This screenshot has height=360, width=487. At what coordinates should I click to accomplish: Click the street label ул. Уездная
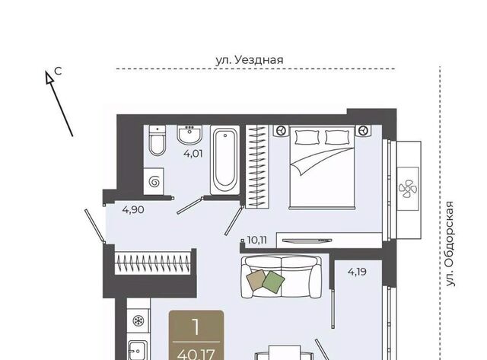click(250, 59)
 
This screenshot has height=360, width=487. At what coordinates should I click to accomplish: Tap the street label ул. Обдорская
click(450, 244)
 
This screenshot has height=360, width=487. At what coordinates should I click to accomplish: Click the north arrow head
click(49, 78)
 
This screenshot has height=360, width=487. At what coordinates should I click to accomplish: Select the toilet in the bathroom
click(158, 140)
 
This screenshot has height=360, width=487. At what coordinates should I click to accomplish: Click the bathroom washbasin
click(189, 135)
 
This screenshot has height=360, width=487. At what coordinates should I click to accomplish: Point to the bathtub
click(225, 161)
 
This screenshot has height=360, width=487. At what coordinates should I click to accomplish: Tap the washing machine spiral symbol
click(154, 182)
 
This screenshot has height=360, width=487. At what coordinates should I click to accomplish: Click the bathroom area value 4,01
click(193, 154)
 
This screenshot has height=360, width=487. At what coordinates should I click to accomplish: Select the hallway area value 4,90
click(133, 209)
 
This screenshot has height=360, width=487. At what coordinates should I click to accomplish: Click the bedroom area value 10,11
click(257, 240)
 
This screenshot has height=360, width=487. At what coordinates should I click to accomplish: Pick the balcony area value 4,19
click(357, 272)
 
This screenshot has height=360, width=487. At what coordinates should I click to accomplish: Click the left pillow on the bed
click(307, 137)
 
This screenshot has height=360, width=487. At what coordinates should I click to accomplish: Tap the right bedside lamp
click(362, 130)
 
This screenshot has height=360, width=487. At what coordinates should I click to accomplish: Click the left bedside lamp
click(282, 130)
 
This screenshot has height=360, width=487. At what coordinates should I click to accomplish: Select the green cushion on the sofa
click(273, 281)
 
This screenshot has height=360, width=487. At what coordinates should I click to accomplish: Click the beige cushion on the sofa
click(256, 280)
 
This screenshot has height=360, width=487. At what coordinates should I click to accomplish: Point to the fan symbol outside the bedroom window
click(408, 188)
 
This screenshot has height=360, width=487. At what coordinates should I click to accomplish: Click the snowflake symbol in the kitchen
click(138, 321)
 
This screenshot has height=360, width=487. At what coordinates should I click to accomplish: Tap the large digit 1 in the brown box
click(196, 327)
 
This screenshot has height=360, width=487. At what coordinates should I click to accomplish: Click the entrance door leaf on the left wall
click(94, 225)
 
